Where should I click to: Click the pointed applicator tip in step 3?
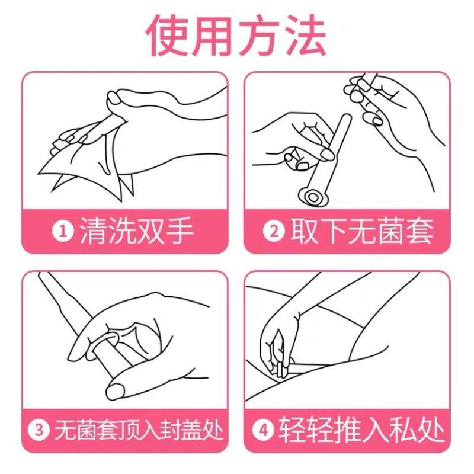click(47, 284)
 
